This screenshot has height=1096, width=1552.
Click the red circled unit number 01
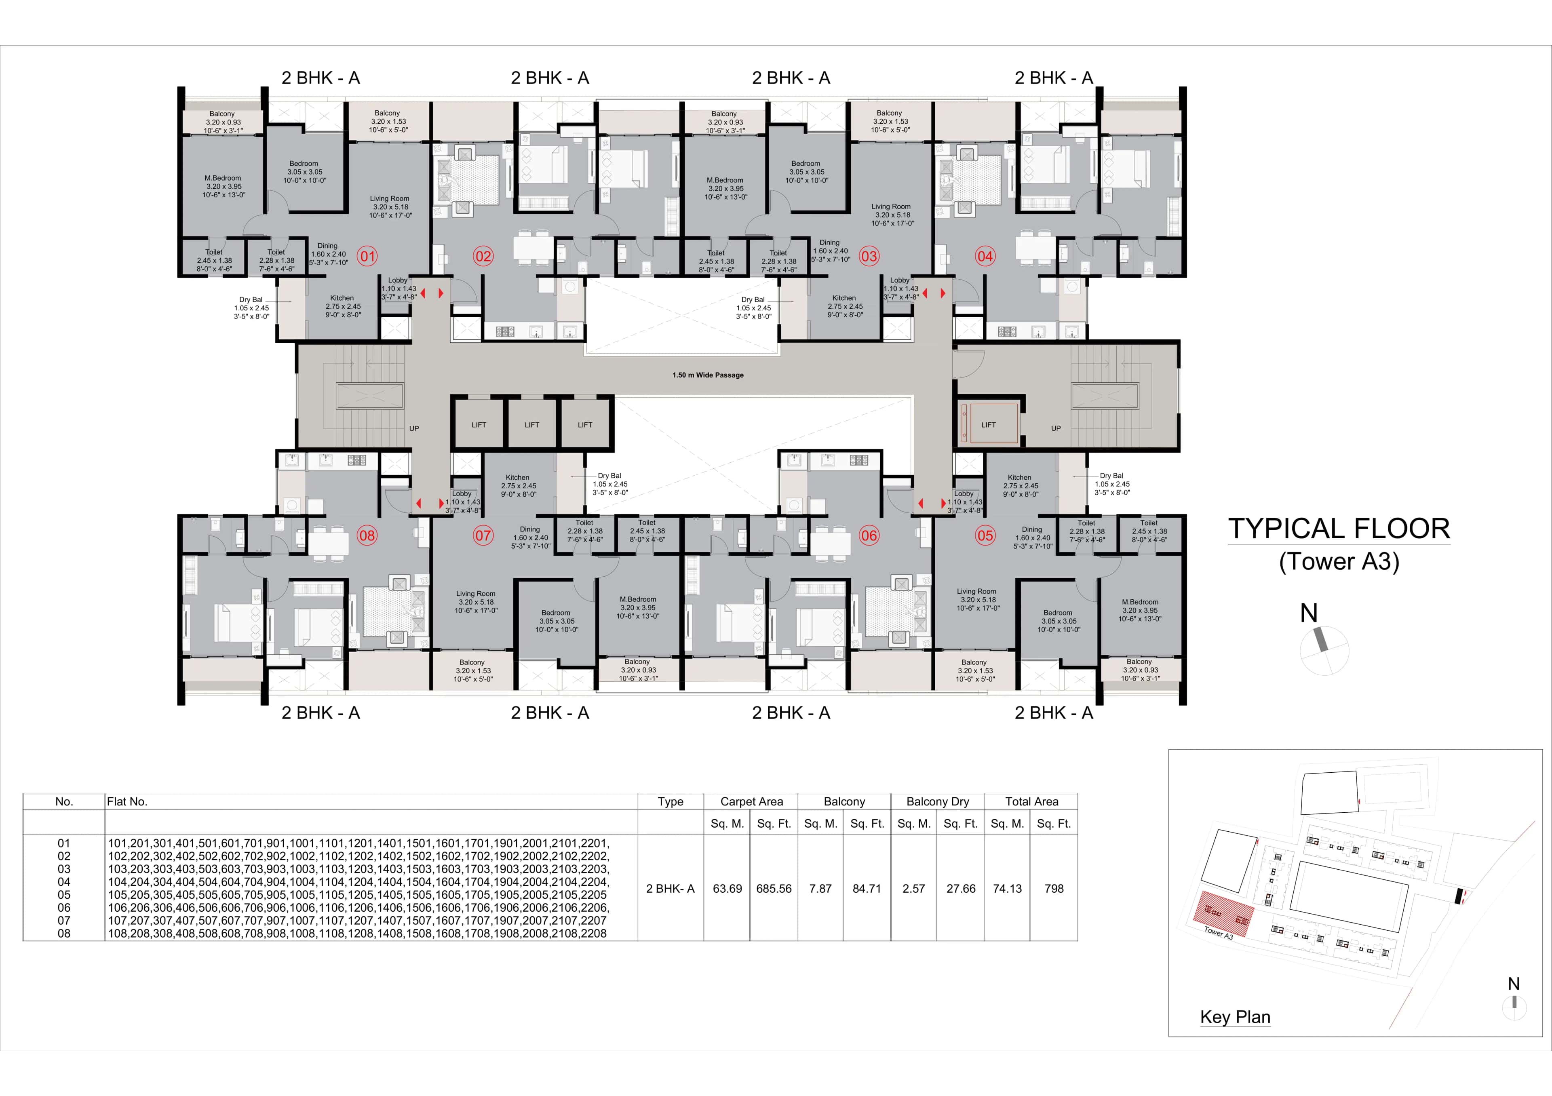click(x=367, y=256)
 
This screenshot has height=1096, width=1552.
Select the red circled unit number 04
click(x=985, y=256)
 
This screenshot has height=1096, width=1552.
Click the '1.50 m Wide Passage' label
click(x=708, y=375)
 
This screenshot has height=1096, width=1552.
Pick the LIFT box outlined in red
click(x=988, y=424)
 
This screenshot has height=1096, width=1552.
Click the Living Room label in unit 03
click(x=891, y=207)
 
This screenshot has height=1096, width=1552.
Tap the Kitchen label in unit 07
click(x=518, y=477)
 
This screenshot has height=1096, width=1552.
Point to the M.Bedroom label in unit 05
click(x=1140, y=602)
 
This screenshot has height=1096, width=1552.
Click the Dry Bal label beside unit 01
click(x=251, y=299)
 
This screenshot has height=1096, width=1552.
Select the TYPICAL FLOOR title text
click(x=1338, y=529)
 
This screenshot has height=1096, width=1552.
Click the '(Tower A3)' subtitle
click(x=1338, y=561)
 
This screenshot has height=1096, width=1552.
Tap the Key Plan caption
click(x=1235, y=1017)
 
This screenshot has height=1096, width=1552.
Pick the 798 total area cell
click(x=1053, y=889)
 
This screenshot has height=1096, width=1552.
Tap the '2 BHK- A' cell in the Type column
click(x=670, y=889)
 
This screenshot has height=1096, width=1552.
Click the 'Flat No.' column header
click(x=127, y=801)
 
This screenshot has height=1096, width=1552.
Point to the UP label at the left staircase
click(x=414, y=428)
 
